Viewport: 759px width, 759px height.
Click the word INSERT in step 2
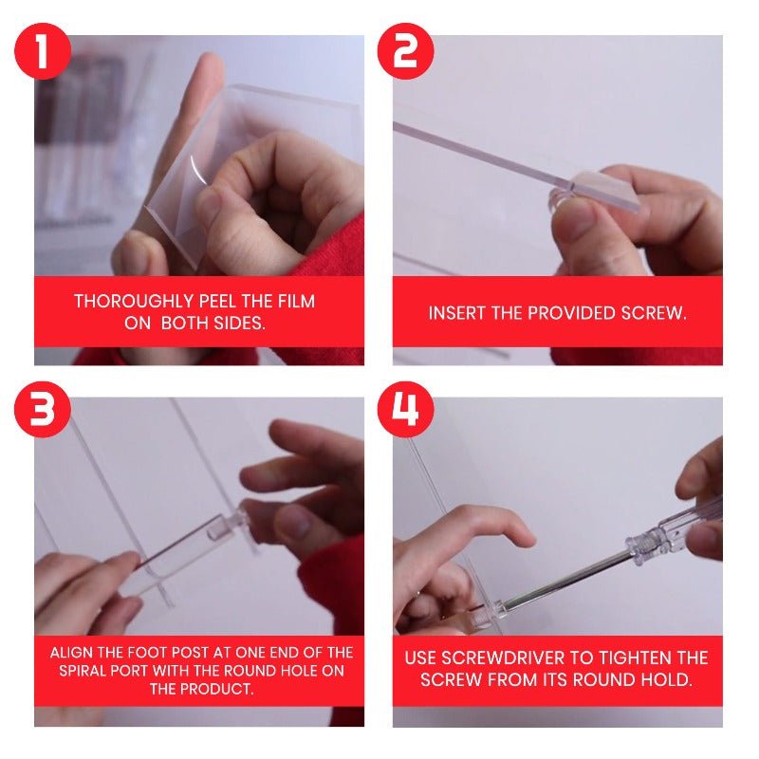point(457,313)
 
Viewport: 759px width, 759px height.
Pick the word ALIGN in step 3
point(74,653)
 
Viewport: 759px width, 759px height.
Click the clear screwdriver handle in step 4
point(670,531)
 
